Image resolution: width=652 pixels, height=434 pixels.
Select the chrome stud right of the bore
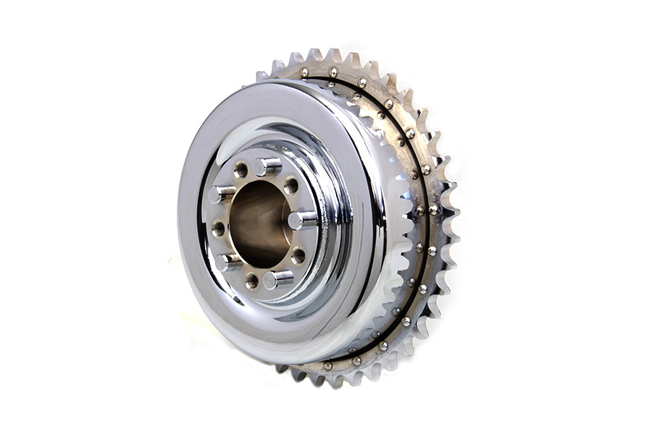[301, 219]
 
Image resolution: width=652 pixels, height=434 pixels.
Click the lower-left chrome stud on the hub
[227, 261]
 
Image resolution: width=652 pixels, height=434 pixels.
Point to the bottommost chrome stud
[276, 278]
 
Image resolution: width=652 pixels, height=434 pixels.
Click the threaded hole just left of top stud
[241, 170]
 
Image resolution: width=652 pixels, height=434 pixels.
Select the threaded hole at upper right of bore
[291, 185]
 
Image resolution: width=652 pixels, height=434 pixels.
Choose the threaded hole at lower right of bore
[298, 255]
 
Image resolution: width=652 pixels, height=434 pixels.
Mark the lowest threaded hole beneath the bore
[251, 280]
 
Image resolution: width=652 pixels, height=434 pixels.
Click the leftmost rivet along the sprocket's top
[304, 72]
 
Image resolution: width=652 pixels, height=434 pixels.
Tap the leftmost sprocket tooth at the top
[262, 75]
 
